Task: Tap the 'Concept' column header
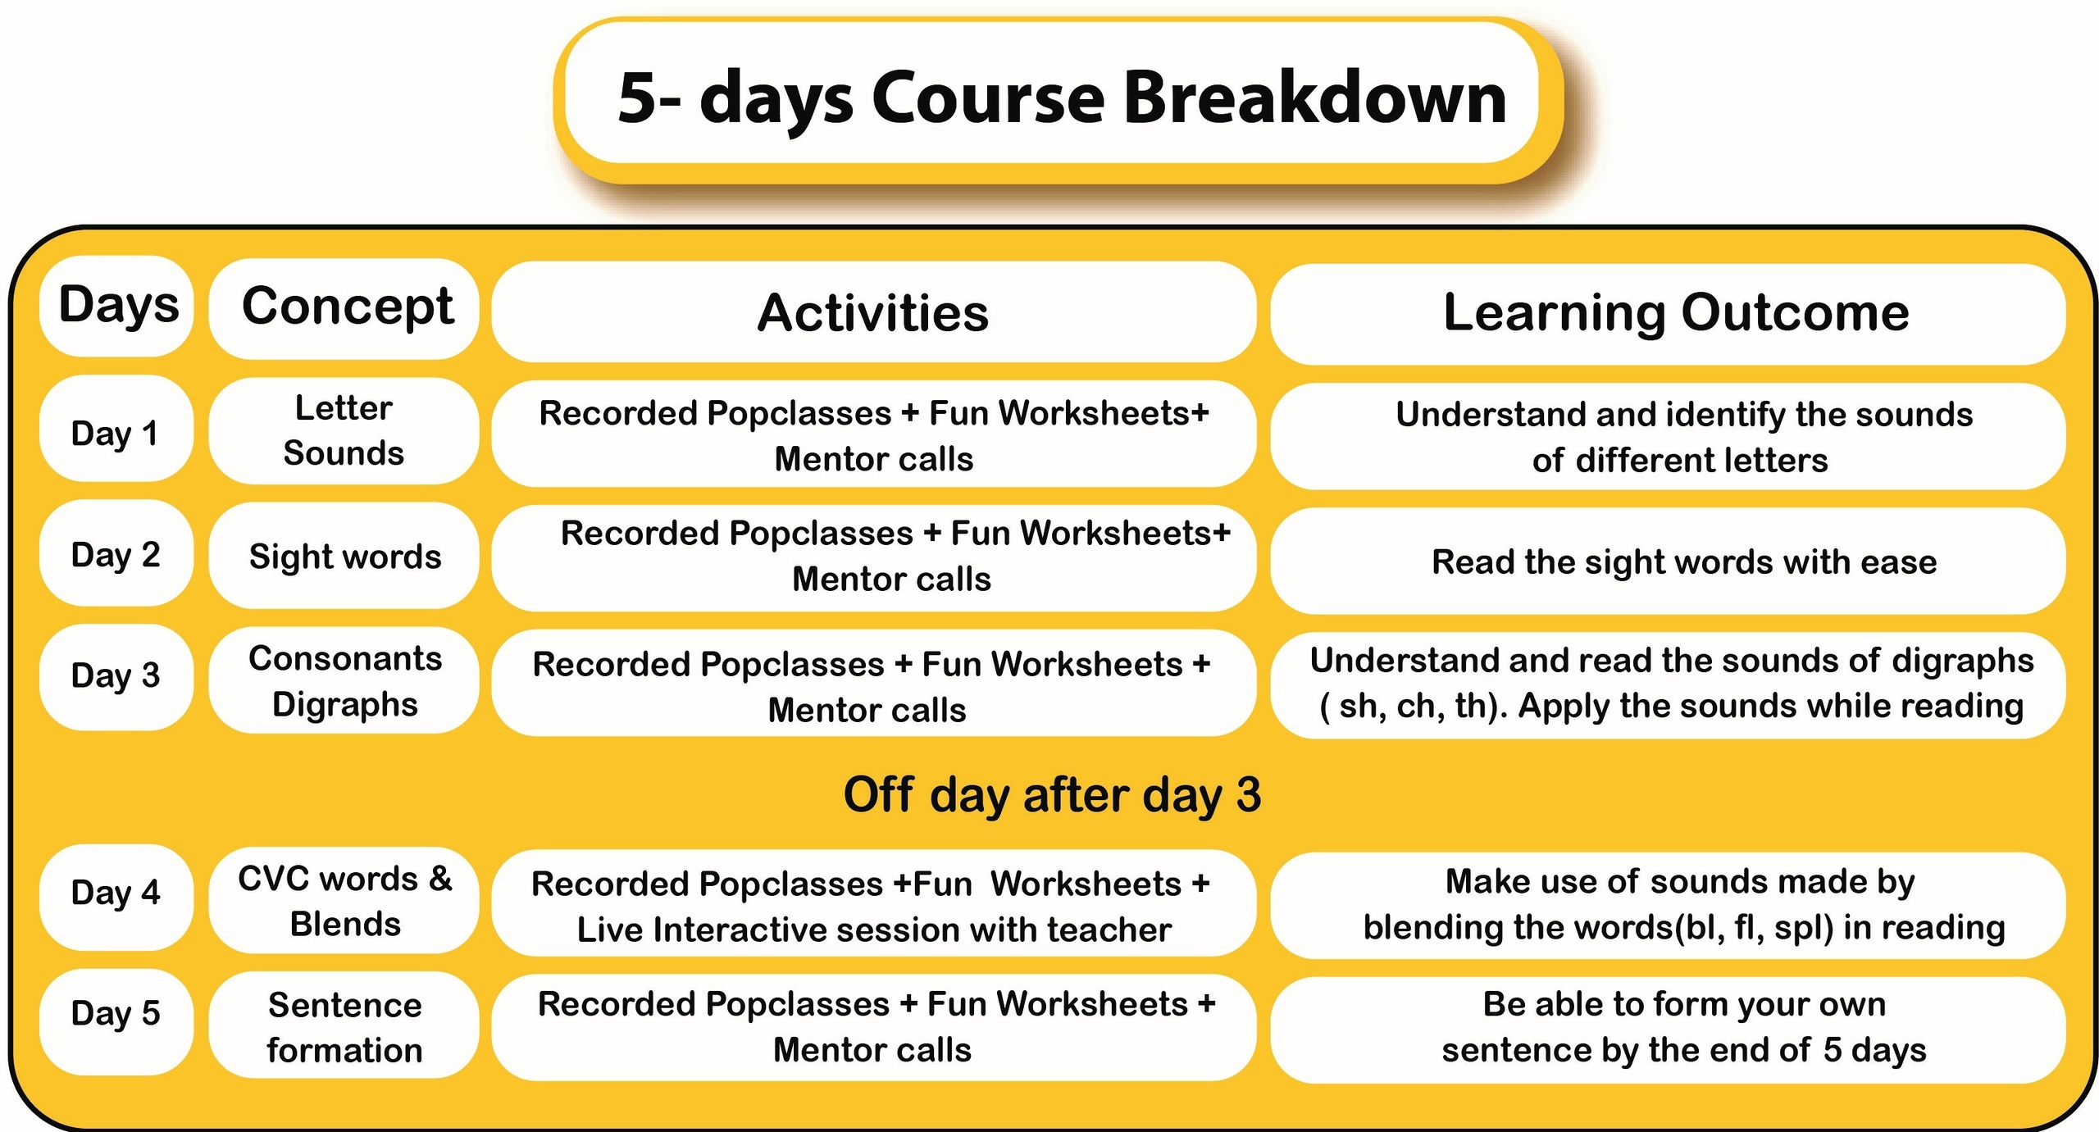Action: [x=344, y=308]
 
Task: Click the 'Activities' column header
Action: [x=873, y=312]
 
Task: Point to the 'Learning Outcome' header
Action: [x=1668, y=314]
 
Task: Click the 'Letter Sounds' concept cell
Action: [x=344, y=431]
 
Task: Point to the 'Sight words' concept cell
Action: [x=344, y=556]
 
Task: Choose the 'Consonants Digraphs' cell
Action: [x=344, y=680]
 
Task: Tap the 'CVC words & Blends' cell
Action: [x=344, y=900]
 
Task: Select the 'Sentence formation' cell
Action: [x=344, y=1025]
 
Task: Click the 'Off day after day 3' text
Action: [x=1052, y=795]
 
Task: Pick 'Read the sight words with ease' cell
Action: [x=1668, y=561]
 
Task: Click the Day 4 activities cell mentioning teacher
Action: [x=873, y=903]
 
